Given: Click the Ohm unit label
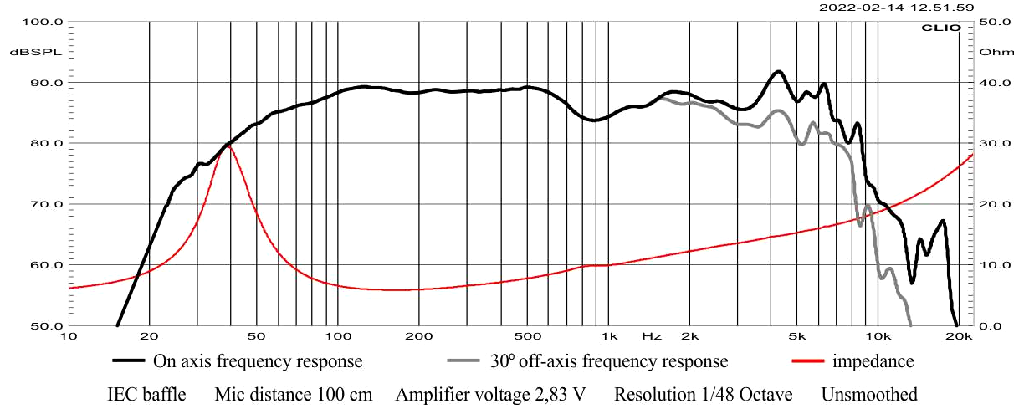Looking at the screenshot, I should tap(991, 52).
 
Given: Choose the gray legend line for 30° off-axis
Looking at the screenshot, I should tap(466, 362).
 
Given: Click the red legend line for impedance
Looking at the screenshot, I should tap(807, 362).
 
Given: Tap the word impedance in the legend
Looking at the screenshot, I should tap(873, 362).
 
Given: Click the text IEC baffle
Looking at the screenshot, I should tap(146, 394).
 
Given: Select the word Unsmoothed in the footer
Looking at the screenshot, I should tap(869, 394).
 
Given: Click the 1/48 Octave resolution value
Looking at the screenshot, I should tap(752, 394).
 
